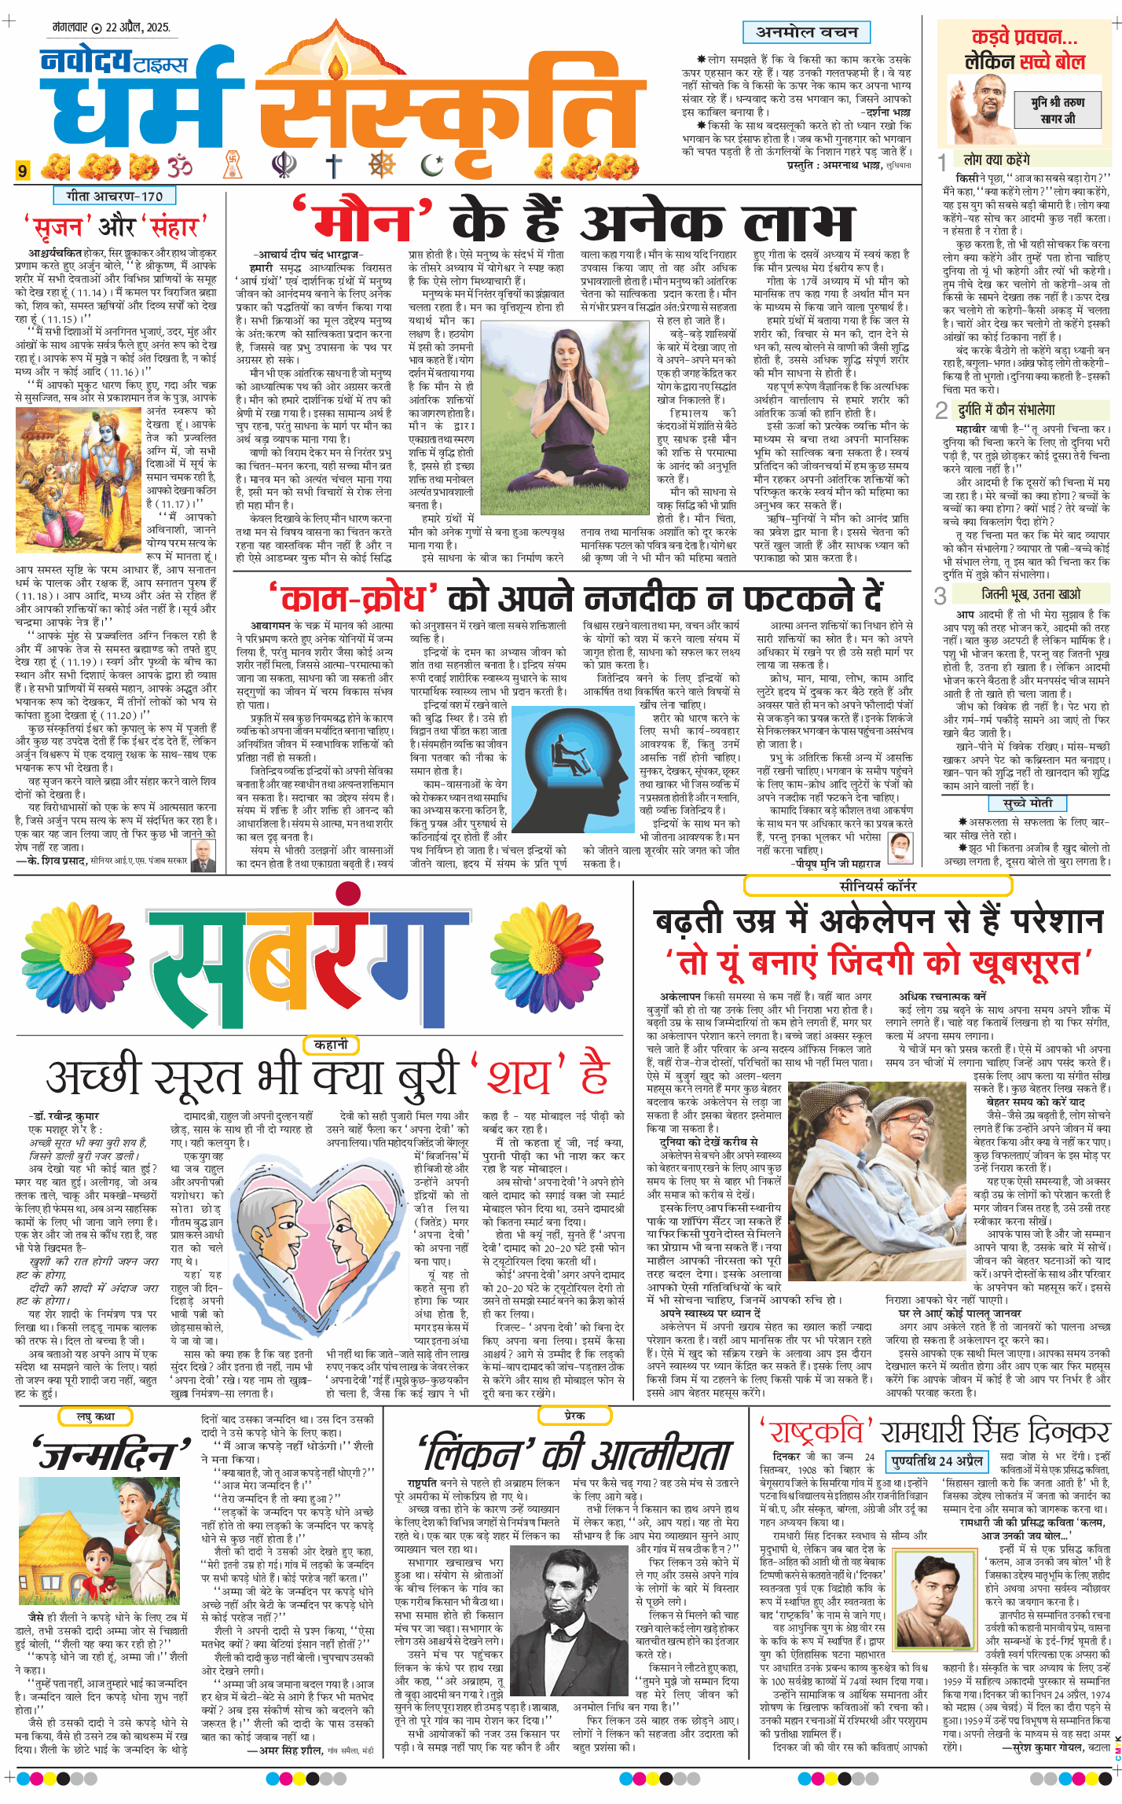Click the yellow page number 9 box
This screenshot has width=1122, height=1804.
coord(24,170)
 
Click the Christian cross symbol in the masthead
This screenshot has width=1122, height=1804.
coord(335,166)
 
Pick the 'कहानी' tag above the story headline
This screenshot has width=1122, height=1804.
coord(331,1045)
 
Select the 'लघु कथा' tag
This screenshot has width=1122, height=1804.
coord(95,1416)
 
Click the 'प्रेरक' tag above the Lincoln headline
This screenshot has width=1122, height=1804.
coord(574,1415)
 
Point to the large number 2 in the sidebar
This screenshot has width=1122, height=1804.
coord(941,410)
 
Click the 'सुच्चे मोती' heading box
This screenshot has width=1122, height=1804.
coord(1027,803)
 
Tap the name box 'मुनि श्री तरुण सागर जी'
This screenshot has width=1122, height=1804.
coord(1058,110)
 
